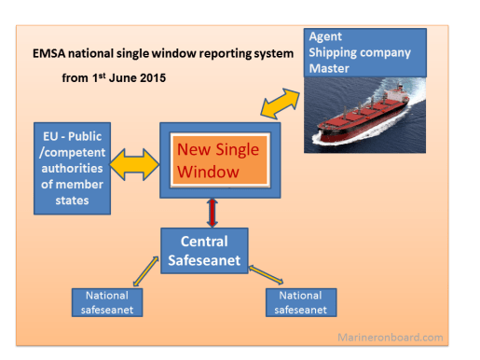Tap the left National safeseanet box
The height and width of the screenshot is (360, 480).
click(x=105, y=302)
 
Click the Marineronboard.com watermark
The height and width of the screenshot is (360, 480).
click(x=403, y=337)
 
